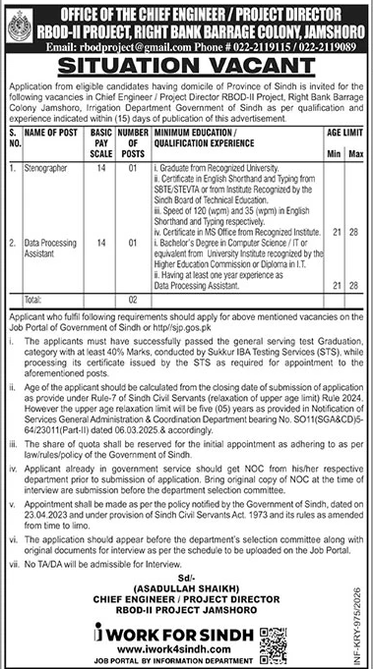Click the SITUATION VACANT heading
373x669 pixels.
(186, 64)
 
